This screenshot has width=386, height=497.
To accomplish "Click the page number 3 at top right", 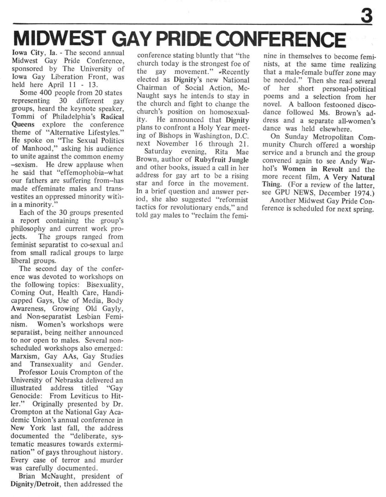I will [366, 15].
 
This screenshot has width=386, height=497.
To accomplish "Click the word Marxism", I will [25, 356].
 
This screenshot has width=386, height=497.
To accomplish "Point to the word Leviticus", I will [86, 396].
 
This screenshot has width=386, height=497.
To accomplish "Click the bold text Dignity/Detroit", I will [35, 484].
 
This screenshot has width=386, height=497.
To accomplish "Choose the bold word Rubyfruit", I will [211, 160].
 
